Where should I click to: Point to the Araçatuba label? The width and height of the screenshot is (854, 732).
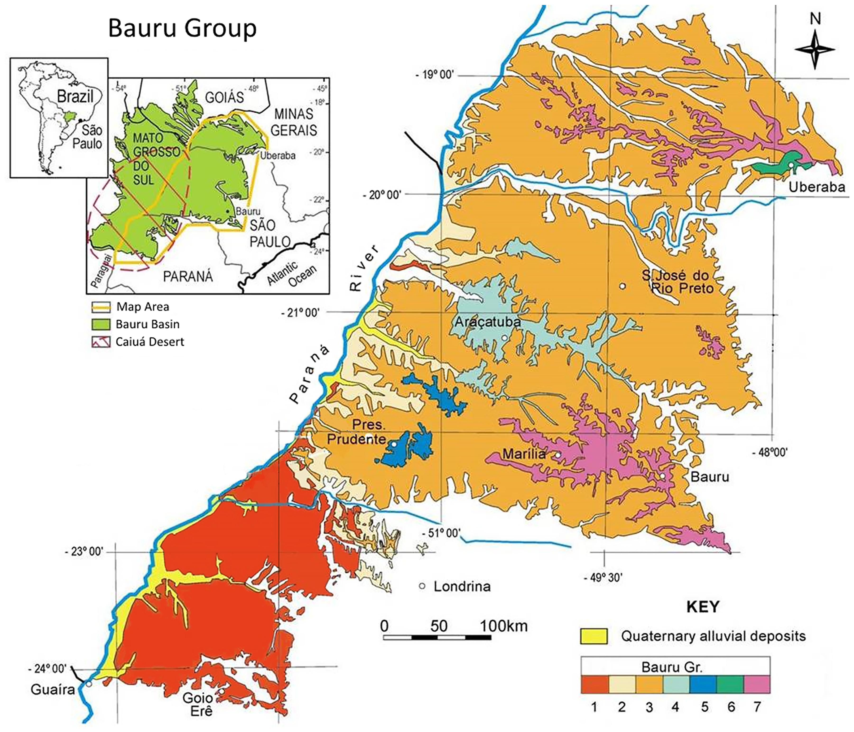tap(487, 322)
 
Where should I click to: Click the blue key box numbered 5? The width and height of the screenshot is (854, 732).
tap(704, 684)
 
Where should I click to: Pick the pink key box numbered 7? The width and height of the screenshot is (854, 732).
tap(757, 684)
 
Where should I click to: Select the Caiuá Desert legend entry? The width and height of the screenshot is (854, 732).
tap(150, 342)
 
